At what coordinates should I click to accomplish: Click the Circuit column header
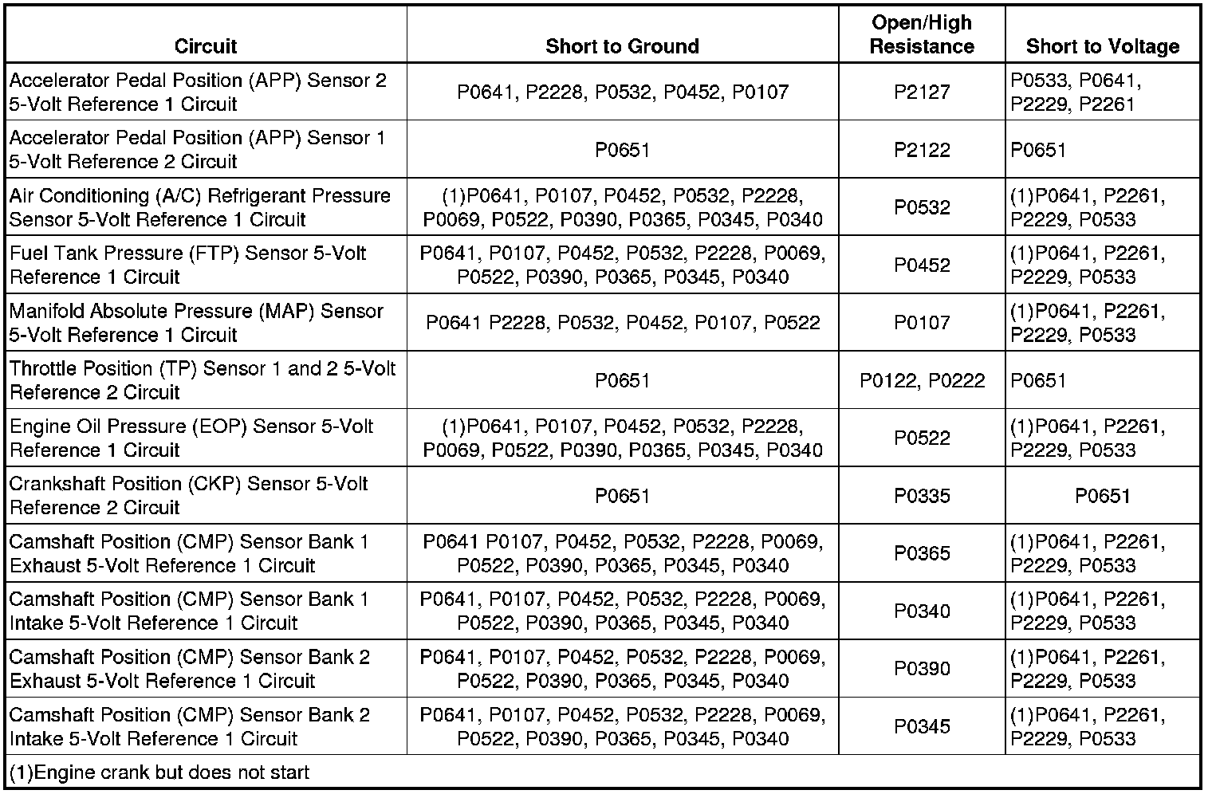(206, 46)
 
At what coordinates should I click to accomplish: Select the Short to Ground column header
(622, 46)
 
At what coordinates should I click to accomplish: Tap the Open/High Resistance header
(922, 35)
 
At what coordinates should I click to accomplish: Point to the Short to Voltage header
(1103, 46)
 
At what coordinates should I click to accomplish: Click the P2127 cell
(922, 92)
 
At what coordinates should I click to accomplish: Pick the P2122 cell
(922, 150)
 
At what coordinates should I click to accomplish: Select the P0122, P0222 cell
(922, 380)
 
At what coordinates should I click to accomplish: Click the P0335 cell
(922, 496)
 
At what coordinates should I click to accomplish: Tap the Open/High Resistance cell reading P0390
(922, 669)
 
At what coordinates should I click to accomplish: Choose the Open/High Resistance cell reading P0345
(922, 726)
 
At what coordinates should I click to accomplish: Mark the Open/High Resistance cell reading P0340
(922, 611)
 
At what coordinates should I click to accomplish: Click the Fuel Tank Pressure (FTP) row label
(187, 265)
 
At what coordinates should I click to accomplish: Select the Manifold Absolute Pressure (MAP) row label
(196, 323)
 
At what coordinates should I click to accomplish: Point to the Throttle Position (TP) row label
(203, 380)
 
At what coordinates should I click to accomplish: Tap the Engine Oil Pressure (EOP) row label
(191, 438)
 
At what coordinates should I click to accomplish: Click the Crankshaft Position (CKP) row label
(189, 496)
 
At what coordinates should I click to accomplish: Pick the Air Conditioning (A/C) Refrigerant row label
(200, 207)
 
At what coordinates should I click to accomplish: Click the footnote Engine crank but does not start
(159, 772)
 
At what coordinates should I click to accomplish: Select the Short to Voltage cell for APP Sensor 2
(1076, 92)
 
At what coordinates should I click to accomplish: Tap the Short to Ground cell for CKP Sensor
(622, 496)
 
